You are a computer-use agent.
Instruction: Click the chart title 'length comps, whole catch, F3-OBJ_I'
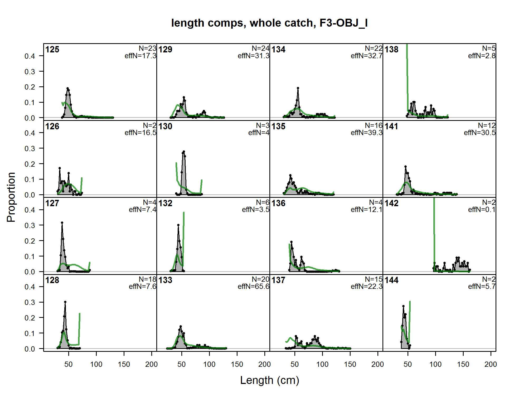[269, 23]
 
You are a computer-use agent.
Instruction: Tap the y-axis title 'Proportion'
[11, 197]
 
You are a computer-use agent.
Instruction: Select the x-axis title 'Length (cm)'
[269, 380]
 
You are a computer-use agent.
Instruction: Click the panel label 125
[52, 50]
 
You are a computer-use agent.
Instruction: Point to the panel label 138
[391, 50]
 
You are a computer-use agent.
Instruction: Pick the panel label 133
[165, 280]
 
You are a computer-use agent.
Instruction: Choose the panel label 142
[391, 203]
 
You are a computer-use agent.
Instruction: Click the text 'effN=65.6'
[253, 287]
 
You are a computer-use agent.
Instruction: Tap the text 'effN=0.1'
[482, 210]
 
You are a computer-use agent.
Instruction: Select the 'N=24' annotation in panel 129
[260, 48]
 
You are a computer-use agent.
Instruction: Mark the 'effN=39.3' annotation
[366, 133]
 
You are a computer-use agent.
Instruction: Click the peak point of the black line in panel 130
[184, 152]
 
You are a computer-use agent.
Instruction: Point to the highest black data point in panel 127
[62, 223]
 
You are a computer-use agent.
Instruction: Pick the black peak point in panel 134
[298, 88]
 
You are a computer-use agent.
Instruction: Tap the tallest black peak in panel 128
[65, 302]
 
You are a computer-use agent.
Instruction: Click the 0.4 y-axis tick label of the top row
[30, 56]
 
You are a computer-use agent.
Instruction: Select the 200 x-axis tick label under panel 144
[491, 364]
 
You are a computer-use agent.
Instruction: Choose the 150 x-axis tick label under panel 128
[124, 364]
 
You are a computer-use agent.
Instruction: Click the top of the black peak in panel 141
[405, 167]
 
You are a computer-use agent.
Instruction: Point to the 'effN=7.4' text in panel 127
[142, 210]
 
